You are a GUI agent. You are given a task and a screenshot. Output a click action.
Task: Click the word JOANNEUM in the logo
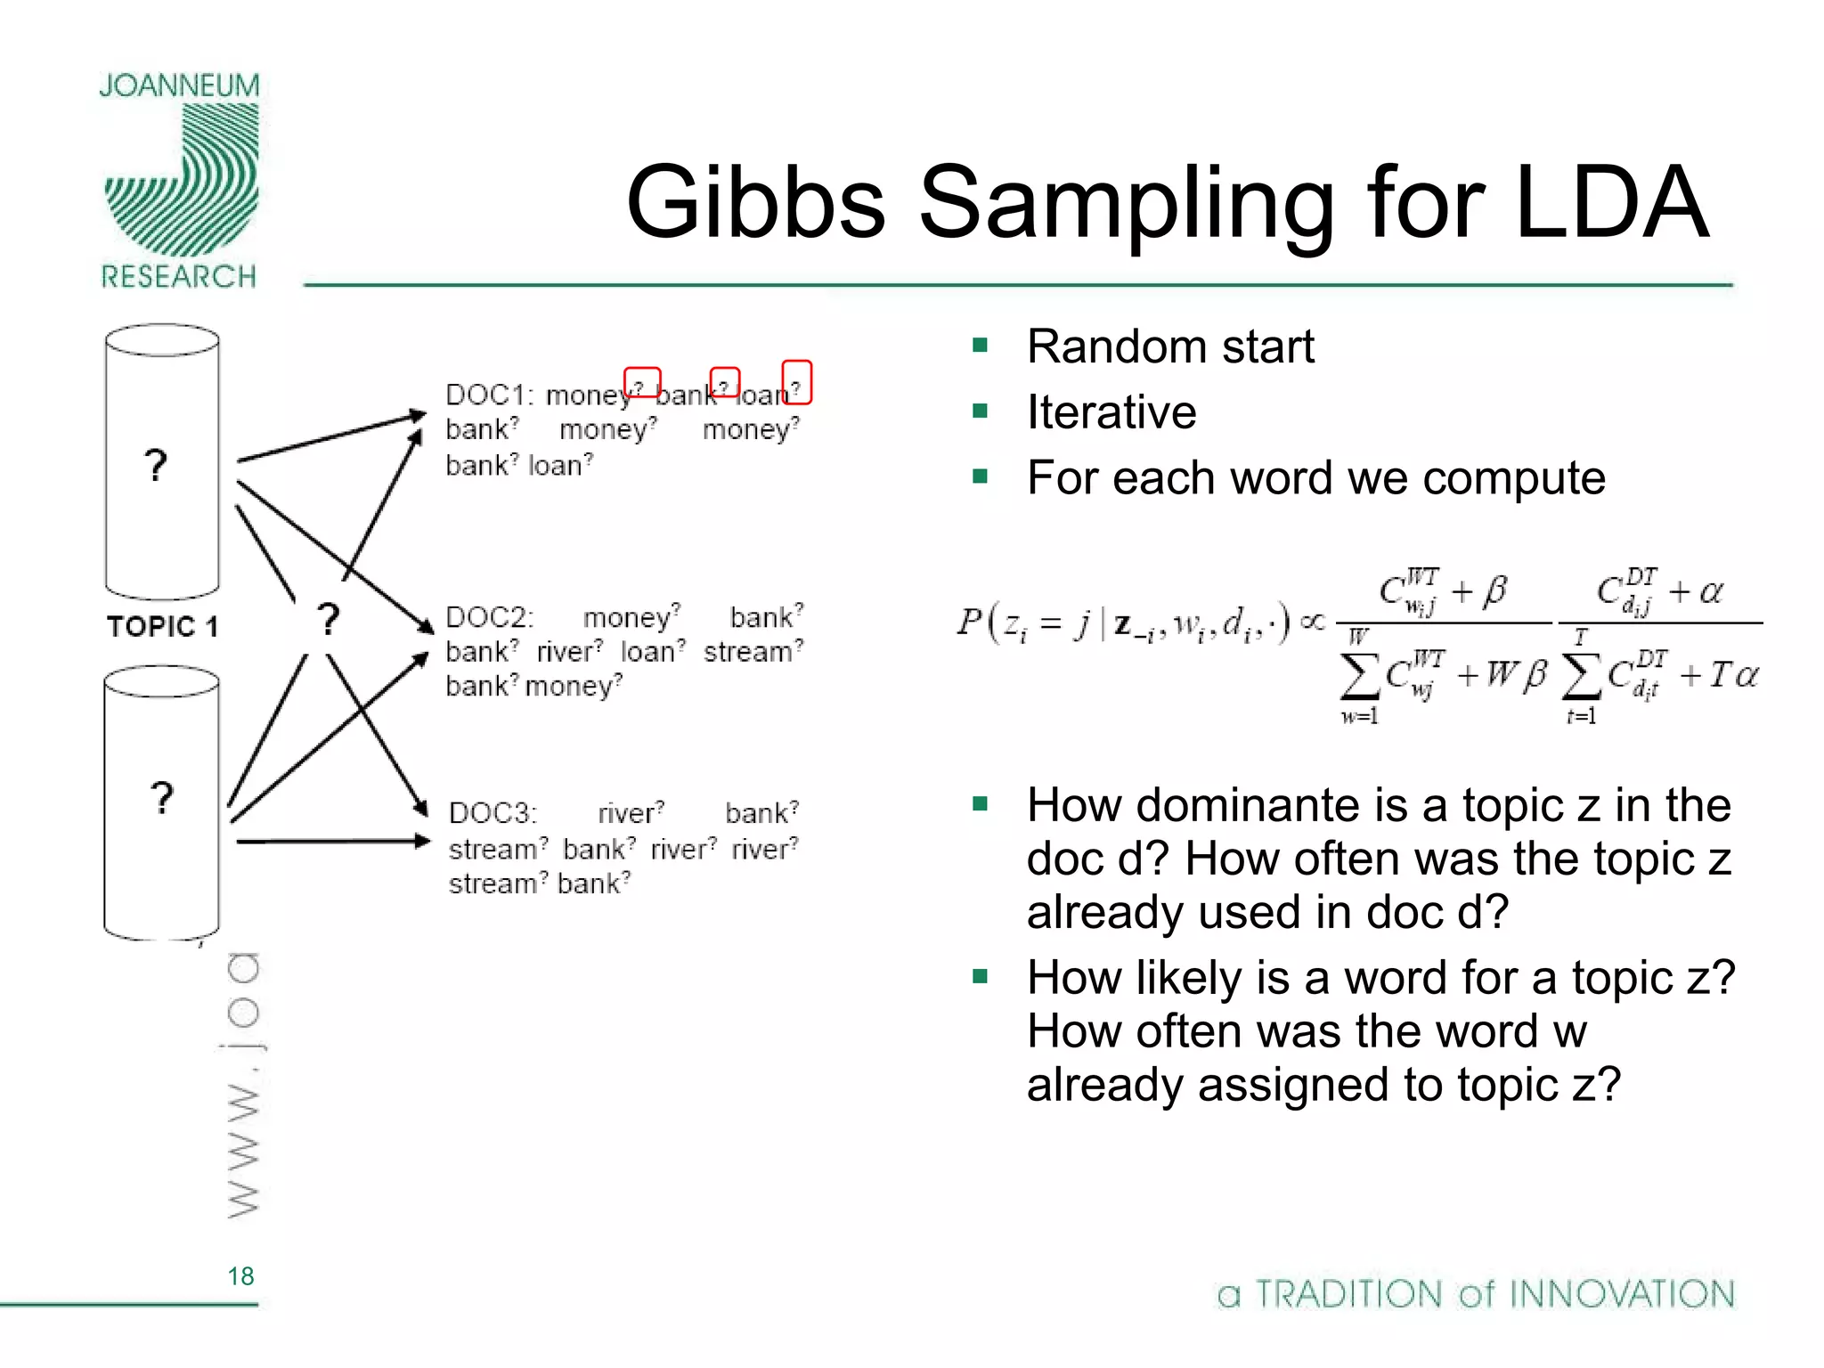click(179, 85)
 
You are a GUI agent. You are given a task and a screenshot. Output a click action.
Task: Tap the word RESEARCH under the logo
click(178, 277)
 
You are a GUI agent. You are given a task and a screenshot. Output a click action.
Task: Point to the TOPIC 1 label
click(162, 626)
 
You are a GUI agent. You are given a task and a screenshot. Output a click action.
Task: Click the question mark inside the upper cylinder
click(156, 465)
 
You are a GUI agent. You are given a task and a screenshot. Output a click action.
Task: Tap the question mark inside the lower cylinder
click(161, 798)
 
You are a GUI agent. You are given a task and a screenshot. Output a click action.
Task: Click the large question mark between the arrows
click(329, 618)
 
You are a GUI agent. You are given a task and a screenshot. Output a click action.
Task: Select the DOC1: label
click(489, 395)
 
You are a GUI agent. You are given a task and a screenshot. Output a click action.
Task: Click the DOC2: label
click(489, 617)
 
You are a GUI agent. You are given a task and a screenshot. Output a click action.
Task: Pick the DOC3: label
click(493, 813)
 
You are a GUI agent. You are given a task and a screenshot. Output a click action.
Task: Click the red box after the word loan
click(796, 382)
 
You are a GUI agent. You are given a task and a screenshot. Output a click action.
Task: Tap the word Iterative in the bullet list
click(1111, 412)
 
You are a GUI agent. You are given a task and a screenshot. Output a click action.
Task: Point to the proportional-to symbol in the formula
click(1312, 621)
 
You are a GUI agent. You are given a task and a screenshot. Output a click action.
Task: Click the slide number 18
click(240, 1276)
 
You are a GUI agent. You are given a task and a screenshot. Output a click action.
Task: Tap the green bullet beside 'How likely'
click(981, 977)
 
